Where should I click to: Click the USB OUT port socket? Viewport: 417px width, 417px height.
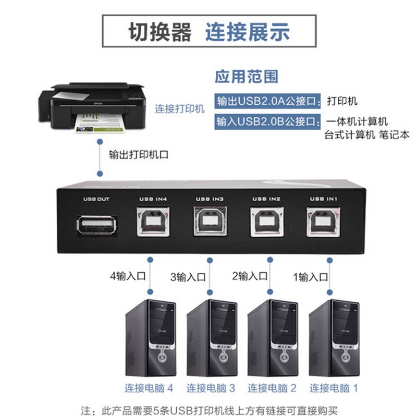click(96, 225)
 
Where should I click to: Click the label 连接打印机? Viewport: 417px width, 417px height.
click(180, 109)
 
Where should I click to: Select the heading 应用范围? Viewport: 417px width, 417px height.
click(247, 77)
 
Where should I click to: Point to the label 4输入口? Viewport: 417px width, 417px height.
click(128, 276)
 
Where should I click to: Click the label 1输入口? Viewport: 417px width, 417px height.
click(311, 277)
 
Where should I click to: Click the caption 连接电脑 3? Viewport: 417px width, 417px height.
click(211, 388)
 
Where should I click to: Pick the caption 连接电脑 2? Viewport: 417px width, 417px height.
click(272, 388)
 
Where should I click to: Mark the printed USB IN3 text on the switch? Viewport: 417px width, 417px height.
click(210, 199)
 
